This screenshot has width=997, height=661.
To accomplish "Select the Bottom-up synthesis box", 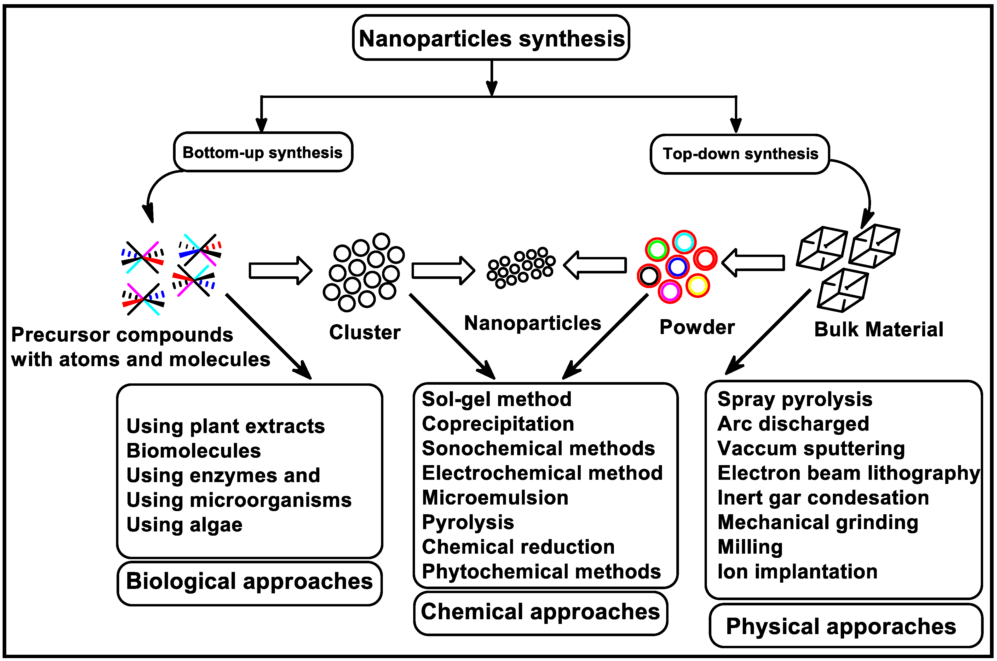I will pyautogui.click(x=263, y=152).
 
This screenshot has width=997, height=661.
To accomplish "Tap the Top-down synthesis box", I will pyautogui.click(x=740, y=154).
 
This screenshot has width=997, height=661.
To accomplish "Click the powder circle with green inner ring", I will pyautogui.click(x=657, y=250).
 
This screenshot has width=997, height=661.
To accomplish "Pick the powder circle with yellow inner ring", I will pyautogui.click(x=697, y=285).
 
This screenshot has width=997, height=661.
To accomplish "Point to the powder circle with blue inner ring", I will pyautogui.click(x=677, y=266).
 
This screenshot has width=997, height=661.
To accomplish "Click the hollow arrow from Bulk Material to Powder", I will pyautogui.click(x=753, y=263).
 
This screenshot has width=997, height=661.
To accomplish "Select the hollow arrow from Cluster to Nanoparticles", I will pyautogui.click(x=443, y=270).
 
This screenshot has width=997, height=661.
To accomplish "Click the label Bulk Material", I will pyautogui.click(x=879, y=329).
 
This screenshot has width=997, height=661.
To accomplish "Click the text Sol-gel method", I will pyautogui.click(x=496, y=399).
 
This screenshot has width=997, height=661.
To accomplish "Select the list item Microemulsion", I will pyautogui.click(x=495, y=498).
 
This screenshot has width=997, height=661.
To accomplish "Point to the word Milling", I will pyautogui.click(x=750, y=547).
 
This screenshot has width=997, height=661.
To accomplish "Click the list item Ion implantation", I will pyautogui.click(x=797, y=572).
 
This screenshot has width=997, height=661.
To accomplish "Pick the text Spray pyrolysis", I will pyautogui.click(x=794, y=399).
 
